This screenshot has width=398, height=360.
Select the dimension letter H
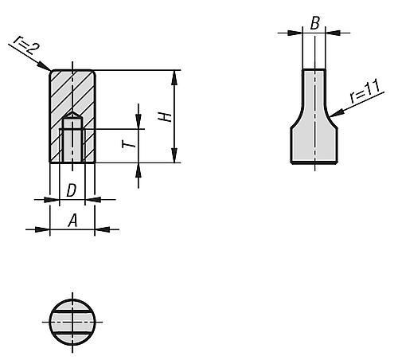click(x=166, y=117)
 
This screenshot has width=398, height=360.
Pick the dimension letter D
click(x=72, y=190)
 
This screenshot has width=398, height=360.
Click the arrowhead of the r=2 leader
click(x=49, y=69)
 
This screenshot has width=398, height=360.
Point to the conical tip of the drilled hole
click(x=72, y=116)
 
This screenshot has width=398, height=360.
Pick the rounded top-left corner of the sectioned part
click(x=53, y=73)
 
